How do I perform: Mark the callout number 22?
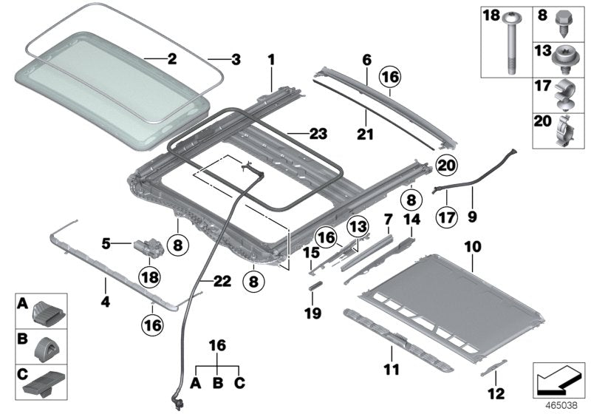pos(222,281)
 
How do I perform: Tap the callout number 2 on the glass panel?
pos(171,59)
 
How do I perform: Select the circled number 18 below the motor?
pos(150,276)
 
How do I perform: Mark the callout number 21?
pos(366,135)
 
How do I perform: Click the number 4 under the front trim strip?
pos(106,302)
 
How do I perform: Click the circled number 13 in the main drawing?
pos(358,225)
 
